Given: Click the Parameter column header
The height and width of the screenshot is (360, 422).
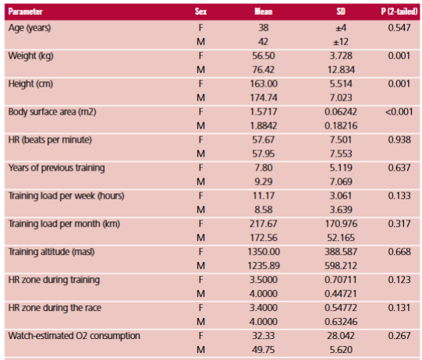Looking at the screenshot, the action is [x=25, y=12].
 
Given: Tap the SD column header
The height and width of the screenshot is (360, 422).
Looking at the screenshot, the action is [x=341, y=12].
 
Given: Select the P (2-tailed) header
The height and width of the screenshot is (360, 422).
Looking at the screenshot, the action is [x=399, y=12].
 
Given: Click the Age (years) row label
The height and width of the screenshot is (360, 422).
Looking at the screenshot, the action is [x=30, y=28].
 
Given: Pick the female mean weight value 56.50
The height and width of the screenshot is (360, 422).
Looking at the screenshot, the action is [x=264, y=56].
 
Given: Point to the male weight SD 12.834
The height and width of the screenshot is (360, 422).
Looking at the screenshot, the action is [x=341, y=70].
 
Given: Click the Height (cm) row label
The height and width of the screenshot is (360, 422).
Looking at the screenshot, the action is [x=30, y=84].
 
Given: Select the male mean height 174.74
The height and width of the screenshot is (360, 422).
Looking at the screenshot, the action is [x=264, y=98].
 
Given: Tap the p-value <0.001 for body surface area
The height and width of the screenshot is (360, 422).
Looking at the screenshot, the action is [x=399, y=112].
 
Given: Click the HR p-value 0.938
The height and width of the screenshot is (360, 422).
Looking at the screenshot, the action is [x=399, y=139].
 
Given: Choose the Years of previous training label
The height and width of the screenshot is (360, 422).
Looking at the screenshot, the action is [x=56, y=168].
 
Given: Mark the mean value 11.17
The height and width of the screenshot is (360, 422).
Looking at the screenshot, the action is [x=264, y=196].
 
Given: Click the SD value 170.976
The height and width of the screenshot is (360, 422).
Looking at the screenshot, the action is [x=341, y=224].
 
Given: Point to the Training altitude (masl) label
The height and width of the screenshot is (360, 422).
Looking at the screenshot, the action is [x=51, y=252].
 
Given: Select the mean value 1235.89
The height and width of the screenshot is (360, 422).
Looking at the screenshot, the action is [x=264, y=266].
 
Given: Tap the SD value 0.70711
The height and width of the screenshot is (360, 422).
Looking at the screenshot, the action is [x=341, y=280].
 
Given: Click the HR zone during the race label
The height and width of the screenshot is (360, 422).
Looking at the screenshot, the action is [x=55, y=308].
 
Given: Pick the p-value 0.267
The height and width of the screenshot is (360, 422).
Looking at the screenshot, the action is [x=399, y=336].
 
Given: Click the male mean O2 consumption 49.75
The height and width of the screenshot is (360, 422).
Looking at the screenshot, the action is [x=264, y=350].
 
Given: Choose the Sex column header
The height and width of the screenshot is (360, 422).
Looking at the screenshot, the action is [x=200, y=12].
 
